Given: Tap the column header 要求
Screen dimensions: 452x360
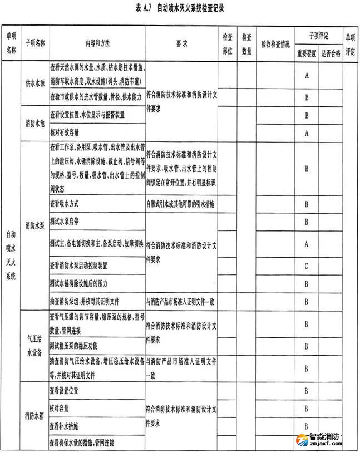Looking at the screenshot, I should coord(181,42).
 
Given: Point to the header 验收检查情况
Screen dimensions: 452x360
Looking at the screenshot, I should coord(275,42).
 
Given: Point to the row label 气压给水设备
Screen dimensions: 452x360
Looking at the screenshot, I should coord(34,347).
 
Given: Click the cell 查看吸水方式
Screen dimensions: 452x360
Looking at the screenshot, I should coord(70,204).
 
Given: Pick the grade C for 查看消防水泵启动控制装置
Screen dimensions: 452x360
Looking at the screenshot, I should coord(306,266).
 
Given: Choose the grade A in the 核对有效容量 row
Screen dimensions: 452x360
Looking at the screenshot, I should coord(306,133).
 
